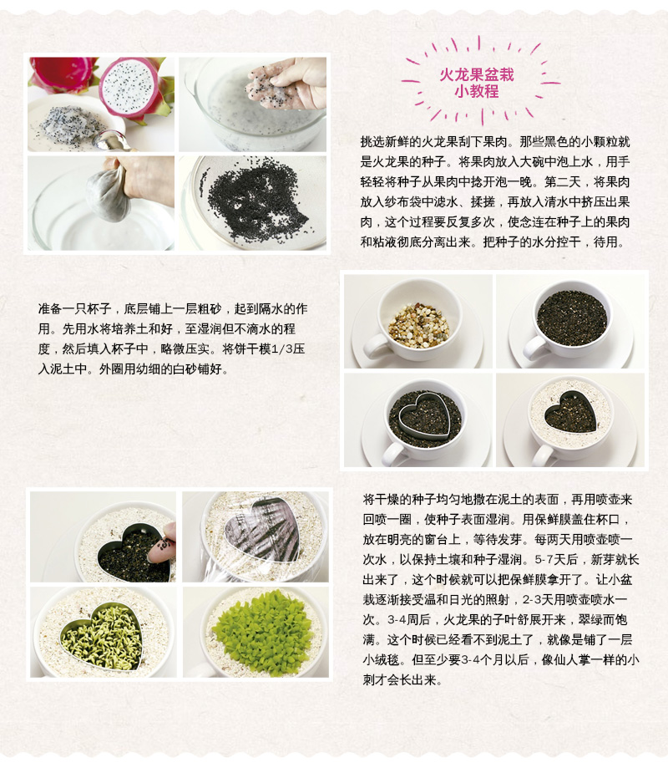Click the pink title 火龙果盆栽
coord(477,74)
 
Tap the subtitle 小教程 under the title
coord(477,91)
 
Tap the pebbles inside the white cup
coord(418,325)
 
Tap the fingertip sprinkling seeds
coord(163,546)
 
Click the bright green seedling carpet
coord(262,634)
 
